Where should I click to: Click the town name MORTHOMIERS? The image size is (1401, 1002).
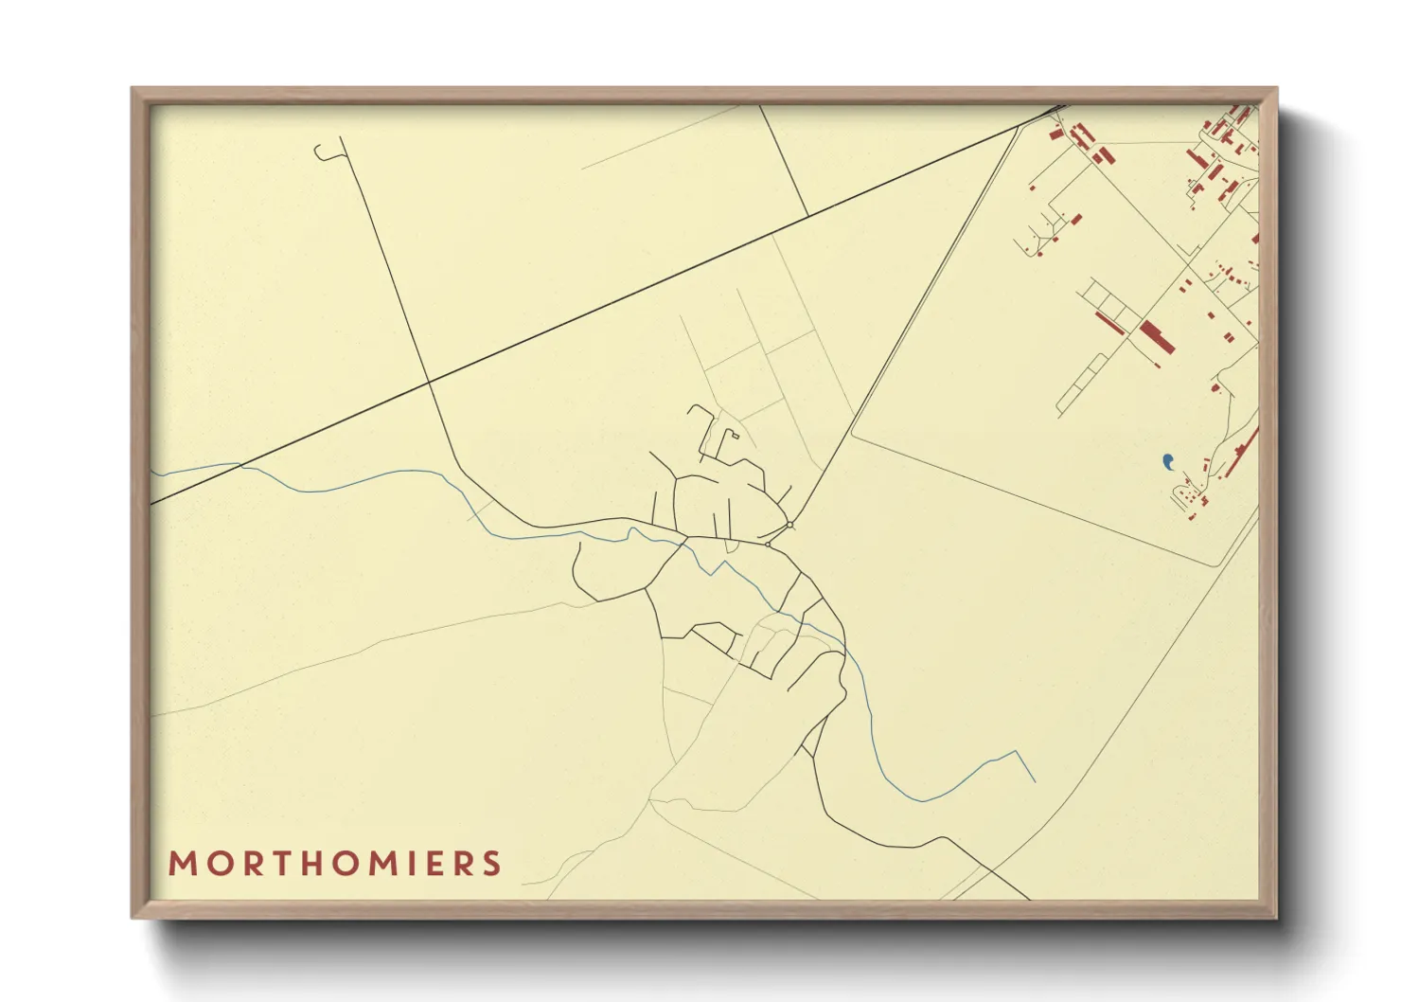[x=335, y=864]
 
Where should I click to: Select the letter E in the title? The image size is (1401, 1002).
[x=434, y=864]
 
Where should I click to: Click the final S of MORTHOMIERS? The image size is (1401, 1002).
[x=491, y=864]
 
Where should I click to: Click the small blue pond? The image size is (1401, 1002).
[x=1168, y=461]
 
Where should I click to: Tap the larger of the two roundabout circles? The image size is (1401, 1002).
[x=789, y=525]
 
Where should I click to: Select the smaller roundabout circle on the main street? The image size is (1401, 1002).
[x=768, y=545]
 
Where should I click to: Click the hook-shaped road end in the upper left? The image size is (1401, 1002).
[x=322, y=152]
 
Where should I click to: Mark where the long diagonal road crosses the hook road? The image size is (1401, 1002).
[x=429, y=382]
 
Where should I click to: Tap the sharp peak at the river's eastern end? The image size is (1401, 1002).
[x=1016, y=752]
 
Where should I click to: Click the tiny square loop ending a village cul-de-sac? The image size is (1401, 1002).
[x=735, y=435]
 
